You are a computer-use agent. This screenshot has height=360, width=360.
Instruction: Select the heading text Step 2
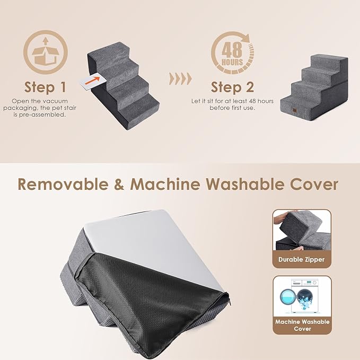point(232,87)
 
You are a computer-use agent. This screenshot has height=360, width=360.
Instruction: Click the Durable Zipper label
point(302,260)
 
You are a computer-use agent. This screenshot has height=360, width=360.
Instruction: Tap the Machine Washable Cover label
point(302,325)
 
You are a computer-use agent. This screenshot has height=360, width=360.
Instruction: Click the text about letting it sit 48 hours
point(232,104)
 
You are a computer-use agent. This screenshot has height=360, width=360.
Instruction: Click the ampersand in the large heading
point(121,185)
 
